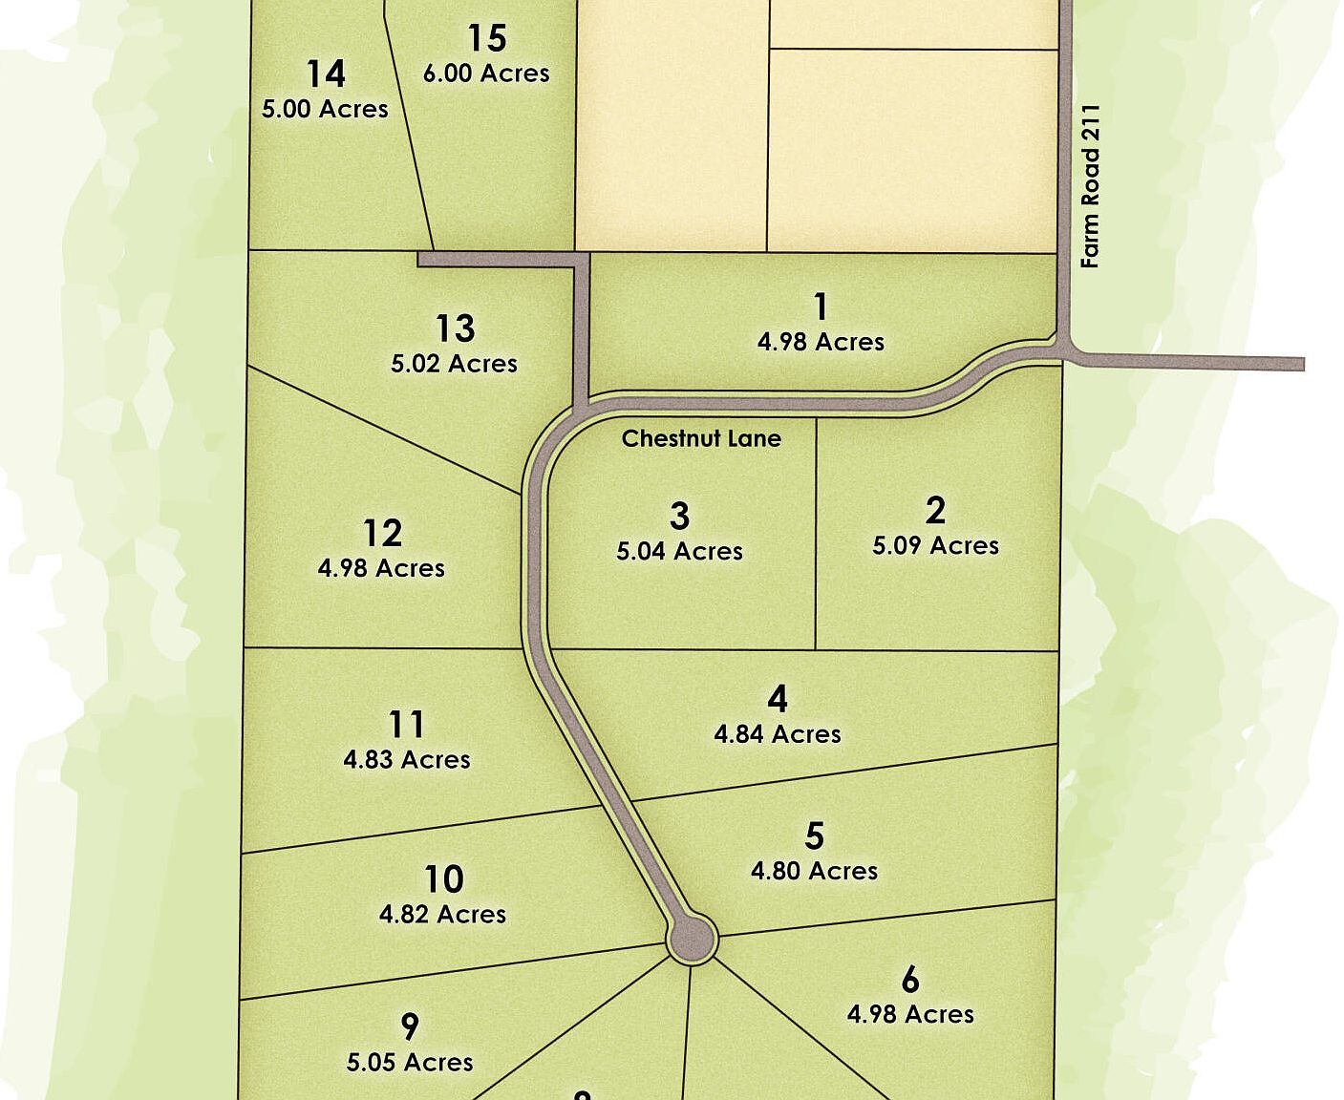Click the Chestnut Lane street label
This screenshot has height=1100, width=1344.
pos(701,438)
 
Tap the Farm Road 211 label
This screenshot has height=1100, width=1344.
pos(1091,185)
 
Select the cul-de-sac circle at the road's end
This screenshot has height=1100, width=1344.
pos(692,939)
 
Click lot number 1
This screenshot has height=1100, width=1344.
pos(821,307)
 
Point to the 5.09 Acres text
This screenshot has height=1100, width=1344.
pos(935,545)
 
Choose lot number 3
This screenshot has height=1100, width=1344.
pos(679,517)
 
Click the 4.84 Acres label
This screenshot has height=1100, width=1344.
pos(778,734)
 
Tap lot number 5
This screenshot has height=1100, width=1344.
pos(814,836)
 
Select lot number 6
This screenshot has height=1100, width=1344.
pos(910,980)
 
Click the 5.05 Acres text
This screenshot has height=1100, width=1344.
pos(410,1062)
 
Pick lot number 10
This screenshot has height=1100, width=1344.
pos(443,878)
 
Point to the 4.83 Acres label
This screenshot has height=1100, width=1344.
pos(407,759)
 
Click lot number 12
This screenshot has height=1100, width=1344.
pos(382,533)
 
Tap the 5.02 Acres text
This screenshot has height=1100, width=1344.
pos(454,363)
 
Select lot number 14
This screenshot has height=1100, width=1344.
pos(326,74)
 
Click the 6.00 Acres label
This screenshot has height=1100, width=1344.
pos(486,74)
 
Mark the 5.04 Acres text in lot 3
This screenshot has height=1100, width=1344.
pos(679,551)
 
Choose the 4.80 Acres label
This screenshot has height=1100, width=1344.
pos(814,871)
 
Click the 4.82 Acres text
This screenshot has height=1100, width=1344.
pos(442,914)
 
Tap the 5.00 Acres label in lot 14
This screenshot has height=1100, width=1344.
pos(325,109)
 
